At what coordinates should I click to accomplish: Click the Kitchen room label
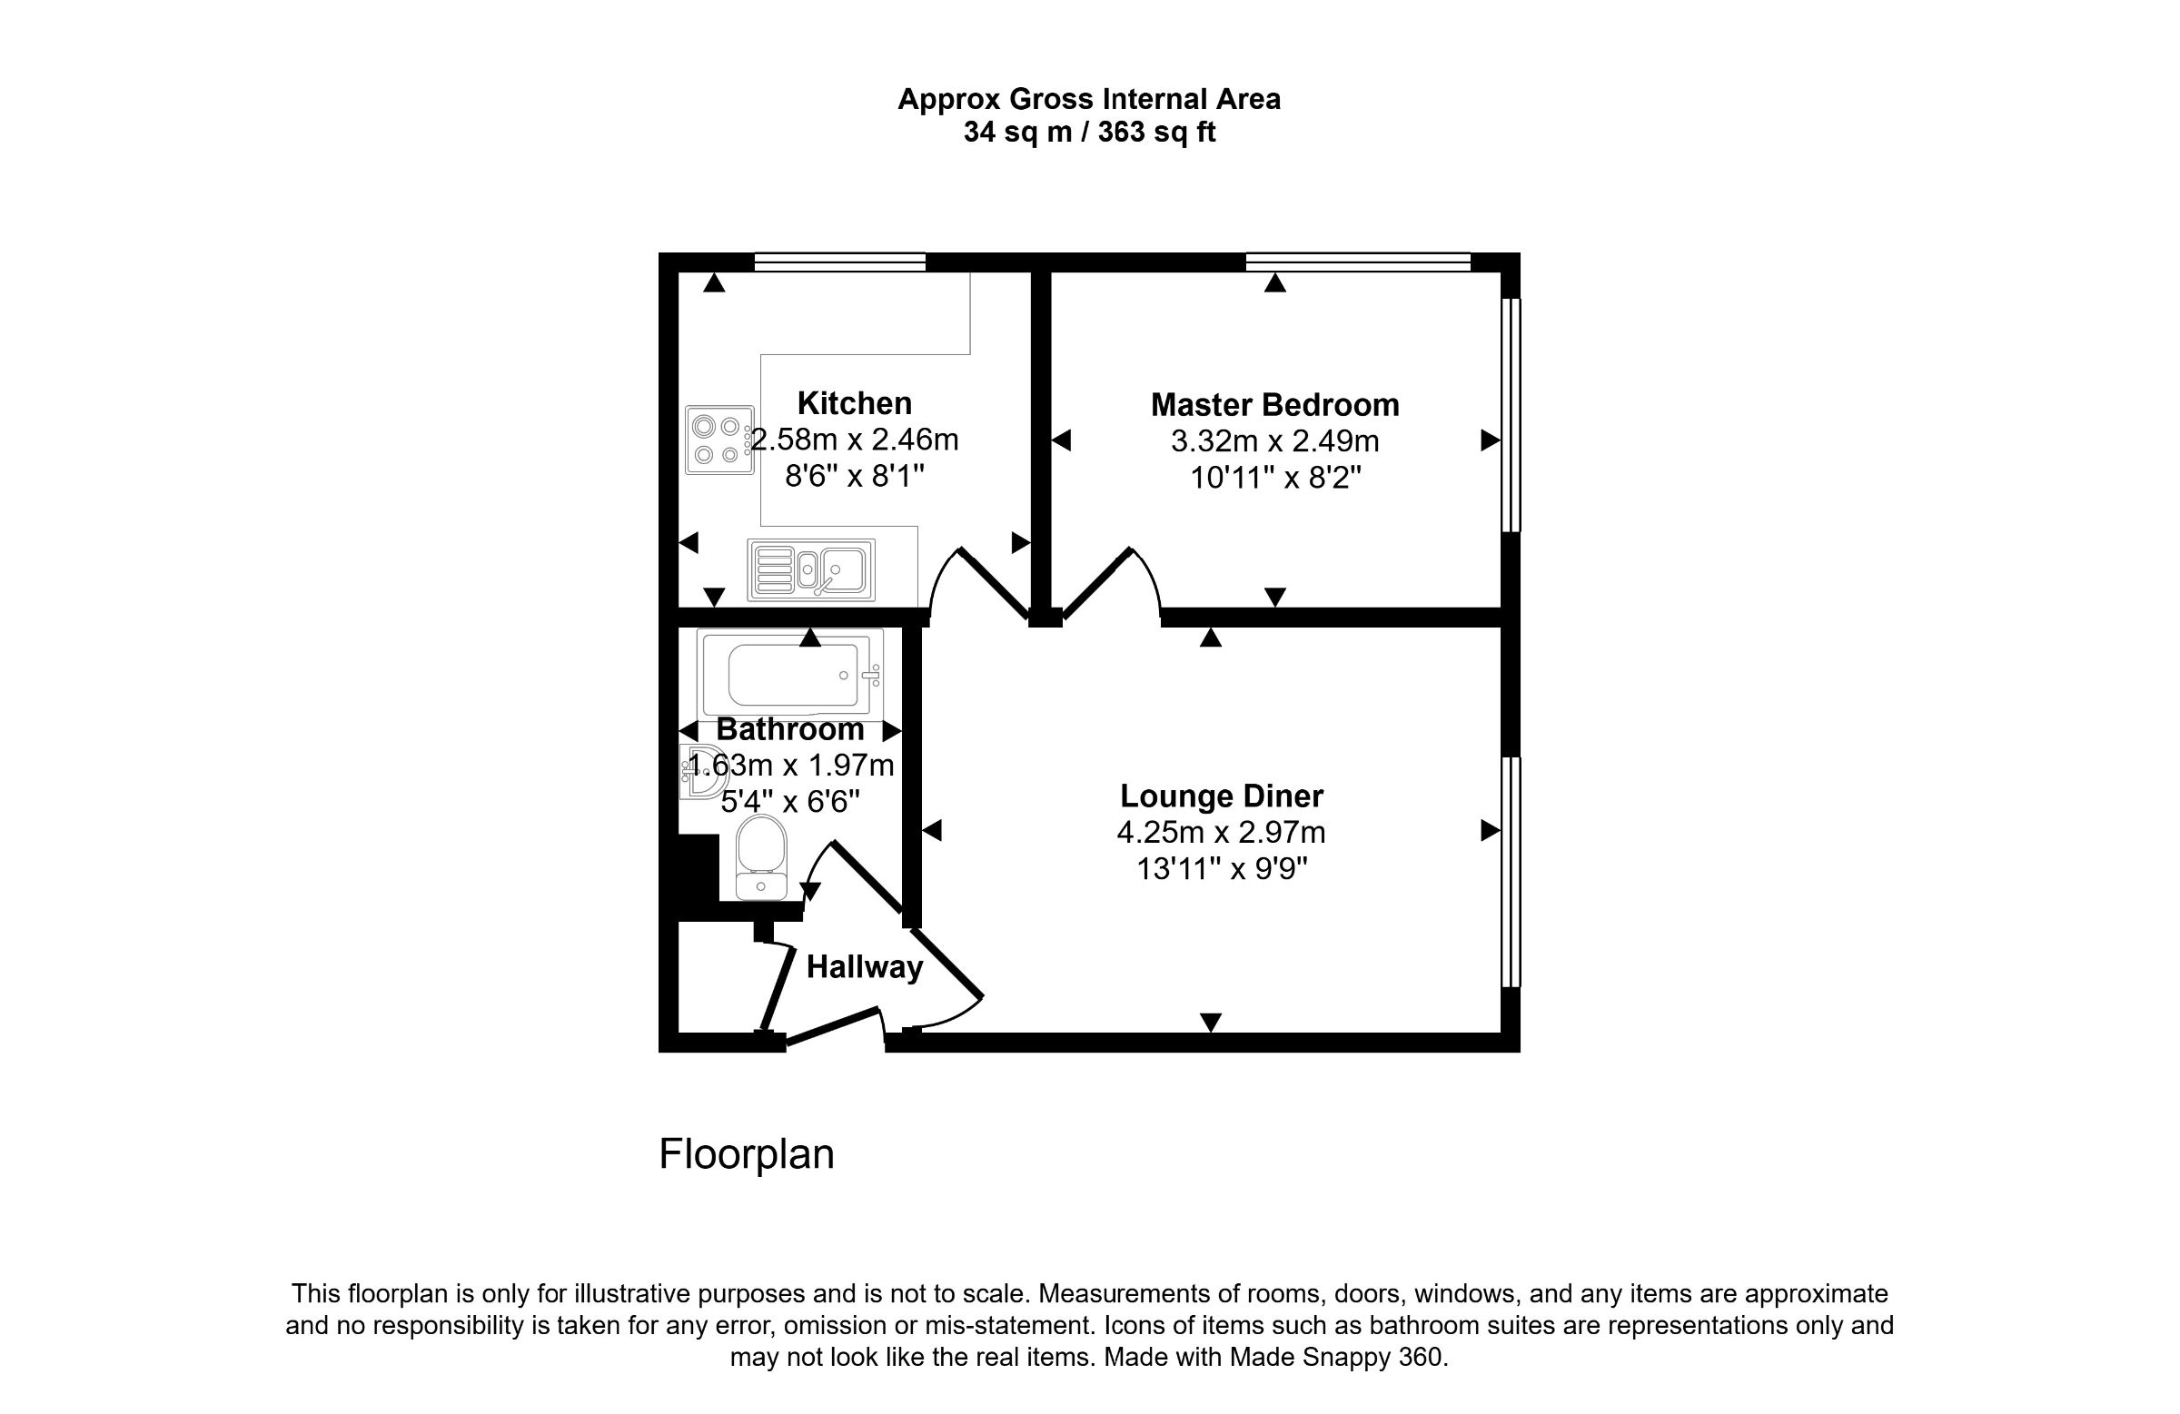[x=854, y=403]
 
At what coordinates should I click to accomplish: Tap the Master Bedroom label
[x=1274, y=405]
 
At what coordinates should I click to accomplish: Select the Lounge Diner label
[x=1221, y=796]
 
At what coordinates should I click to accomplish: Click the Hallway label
[x=864, y=967]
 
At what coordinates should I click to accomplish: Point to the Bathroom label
[x=789, y=729]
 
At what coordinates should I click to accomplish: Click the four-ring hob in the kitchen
[x=719, y=440]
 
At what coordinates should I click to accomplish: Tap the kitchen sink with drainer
[x=810, y=569]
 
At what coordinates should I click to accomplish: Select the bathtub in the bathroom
[x=789, y=675]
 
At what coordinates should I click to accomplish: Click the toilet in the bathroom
[x=761, y=859]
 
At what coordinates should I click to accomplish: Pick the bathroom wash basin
[x=699, y=772]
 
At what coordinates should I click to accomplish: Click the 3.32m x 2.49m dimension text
[x=1274, y=441]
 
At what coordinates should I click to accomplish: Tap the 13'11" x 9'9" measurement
[x=1221, y=868]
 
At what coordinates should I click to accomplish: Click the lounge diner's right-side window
[x=1511, y=872]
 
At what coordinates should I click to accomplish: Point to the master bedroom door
[x=1096, y=582]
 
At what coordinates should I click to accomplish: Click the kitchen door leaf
[x=995, y=582]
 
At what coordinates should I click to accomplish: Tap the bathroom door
[x=867, y=876]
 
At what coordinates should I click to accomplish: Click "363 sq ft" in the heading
[x=1156, y=133]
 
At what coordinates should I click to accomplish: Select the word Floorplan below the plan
[x=747, y=1155]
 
